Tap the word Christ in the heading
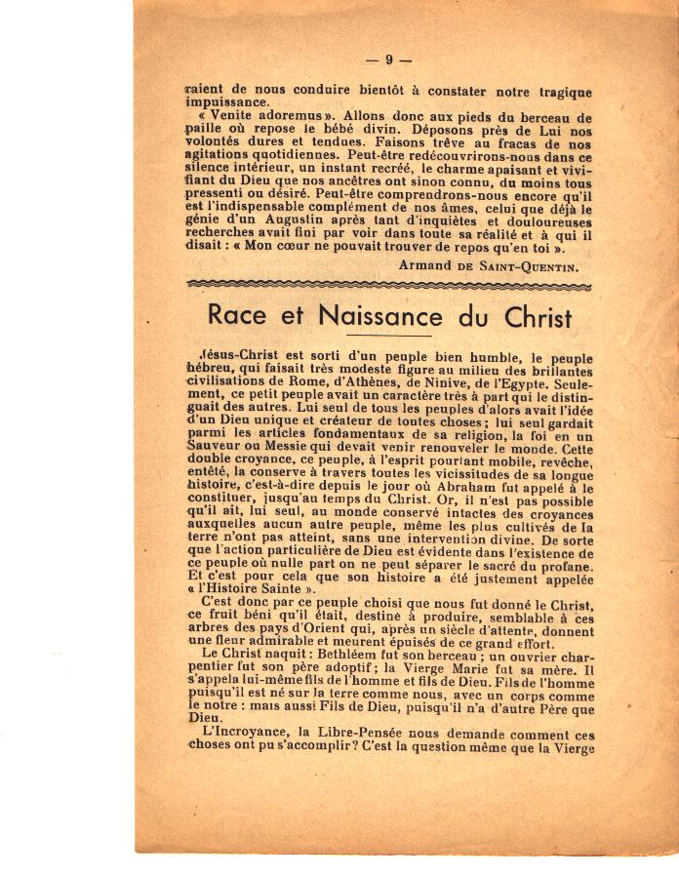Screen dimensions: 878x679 pos(531,317)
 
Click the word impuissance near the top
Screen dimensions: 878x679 pos(227,101)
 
